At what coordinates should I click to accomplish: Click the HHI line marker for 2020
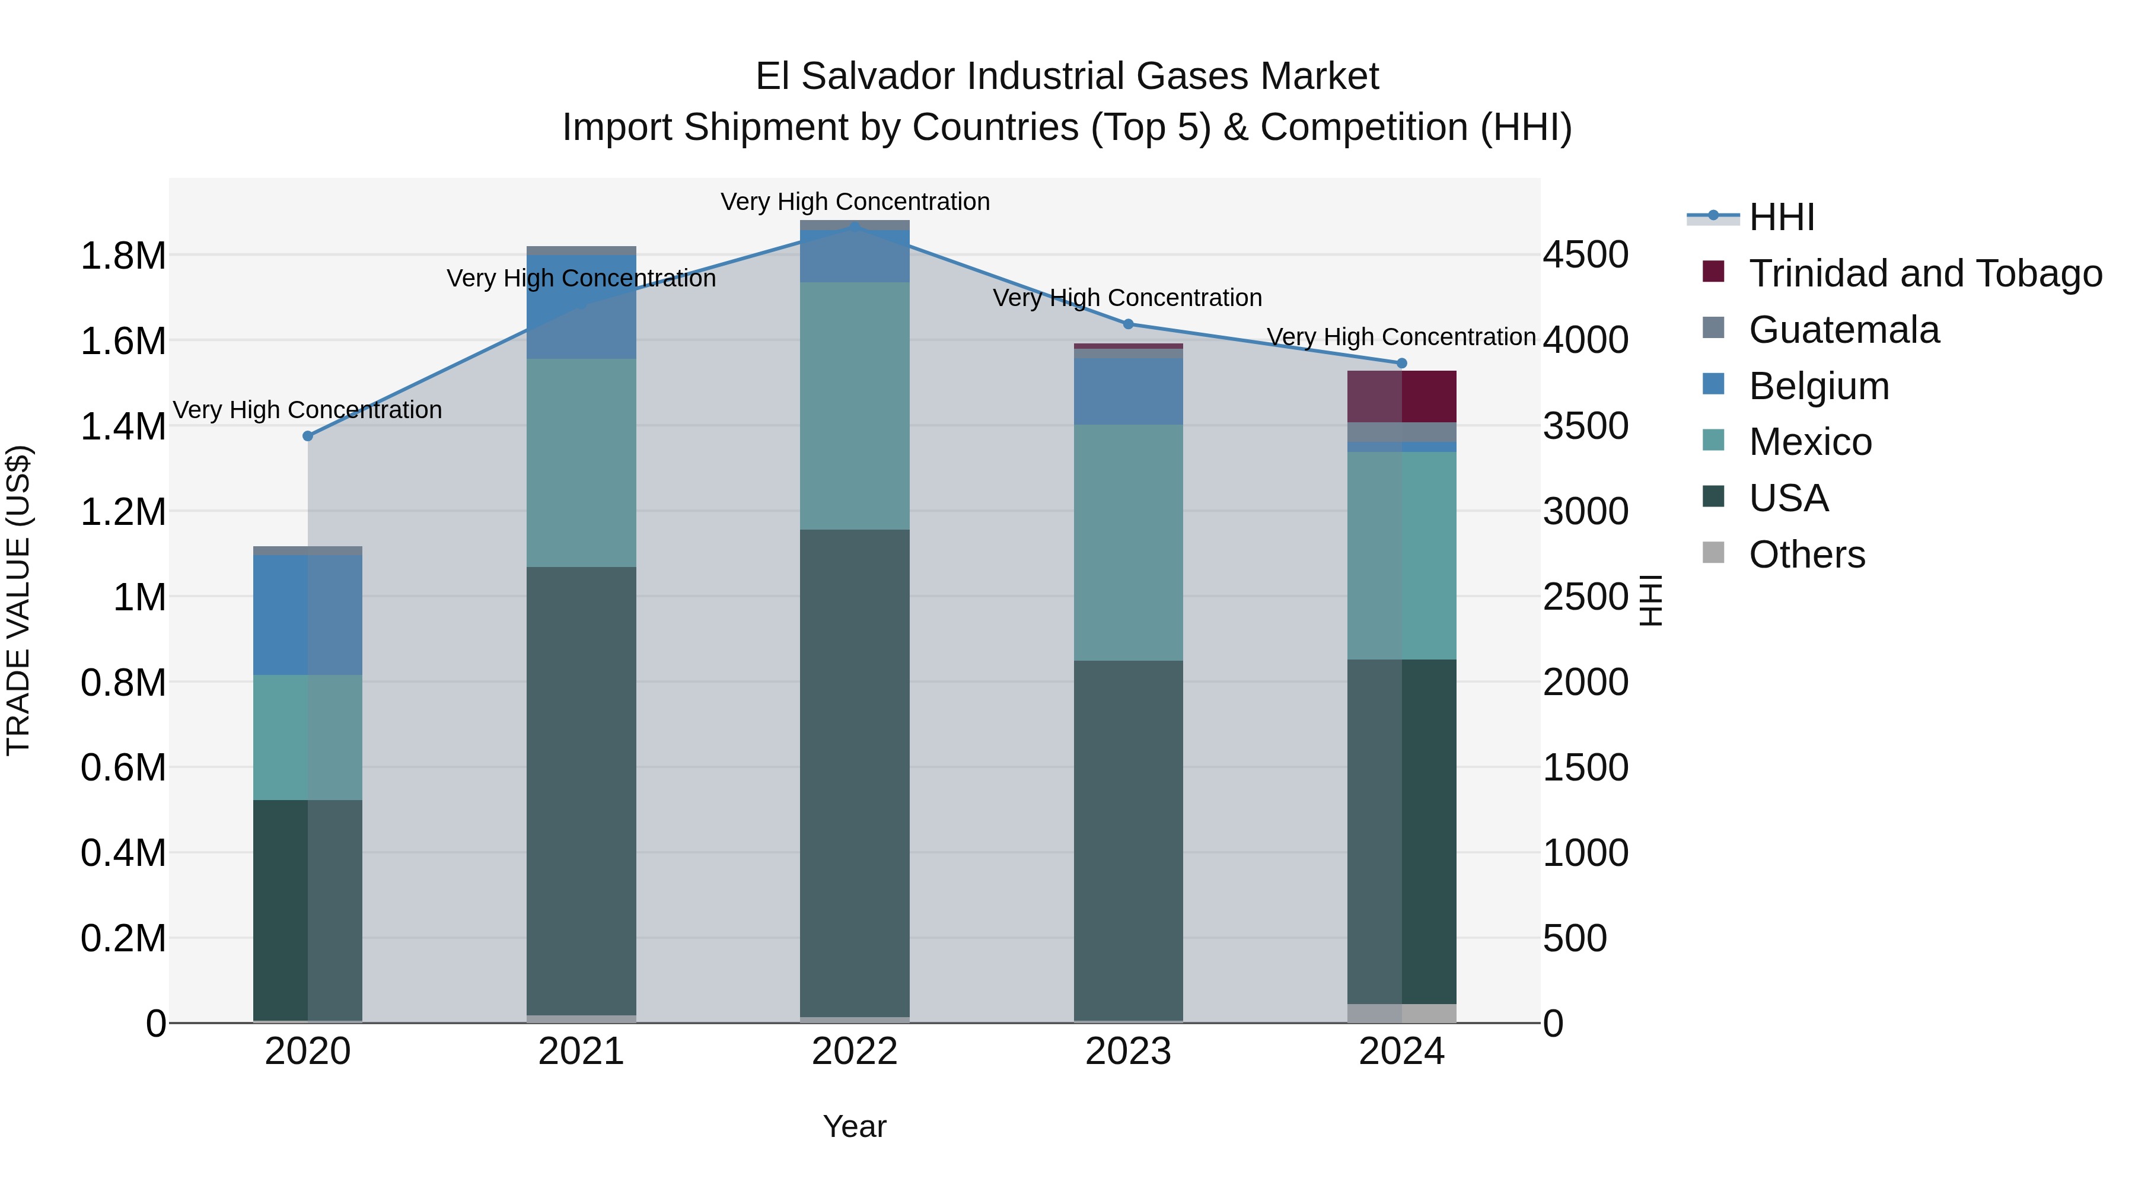tap(307, 436)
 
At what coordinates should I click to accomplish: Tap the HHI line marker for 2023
tap(1128, 324)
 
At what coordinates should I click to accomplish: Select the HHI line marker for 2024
tap(1401, 363)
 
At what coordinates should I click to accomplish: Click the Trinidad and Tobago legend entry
tap(1924, 273)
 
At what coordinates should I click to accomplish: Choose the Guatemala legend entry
tap(1843, 330)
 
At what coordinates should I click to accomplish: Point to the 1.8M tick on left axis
tap(123, 255)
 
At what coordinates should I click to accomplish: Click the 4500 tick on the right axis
tap(1585, 254)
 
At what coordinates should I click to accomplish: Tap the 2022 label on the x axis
tap(855, 1052)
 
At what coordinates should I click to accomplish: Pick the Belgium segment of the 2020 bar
tap(307, 614)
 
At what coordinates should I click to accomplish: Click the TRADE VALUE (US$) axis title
tap(18, 600)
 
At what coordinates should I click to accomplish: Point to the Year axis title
tap(855, 1126)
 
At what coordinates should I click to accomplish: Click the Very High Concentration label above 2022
tap(855, 202)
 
